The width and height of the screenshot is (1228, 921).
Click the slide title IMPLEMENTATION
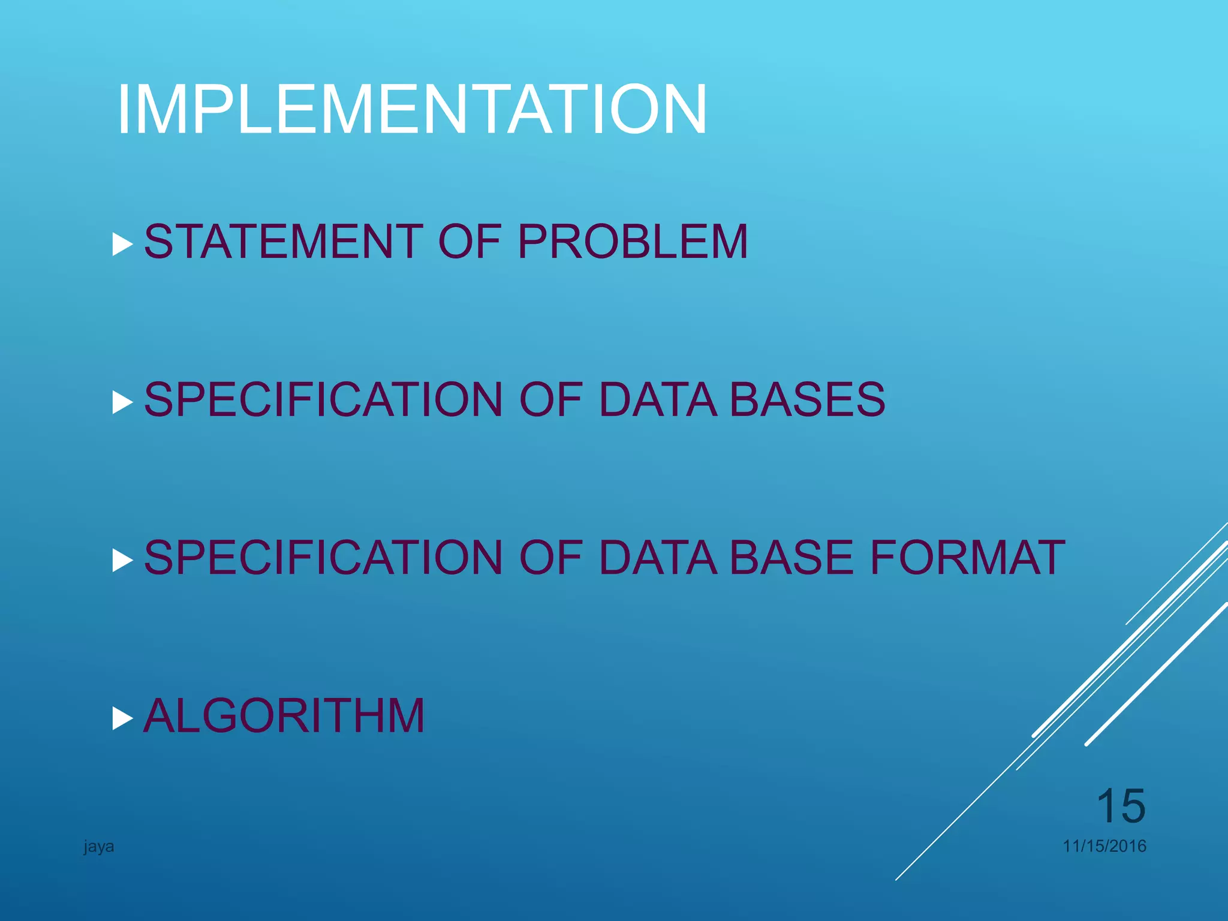pyautogui.click(x=412, y=110)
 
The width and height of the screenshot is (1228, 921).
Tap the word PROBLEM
pyautogui.click(x=633, y=242)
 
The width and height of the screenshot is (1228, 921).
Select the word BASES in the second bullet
pyautogui.click(x=807, y=400)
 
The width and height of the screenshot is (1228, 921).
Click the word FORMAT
pyautogui.click(x=967, y=558)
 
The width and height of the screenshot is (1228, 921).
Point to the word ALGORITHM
pyautogui.click(x=284, y=716)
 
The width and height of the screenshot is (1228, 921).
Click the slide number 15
pyautogui.click(x=1120, y=806)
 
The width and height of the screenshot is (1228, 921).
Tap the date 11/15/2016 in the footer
pyautogui.click(x=1104, y=846)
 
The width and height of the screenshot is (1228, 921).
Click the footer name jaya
pyautogui.click(x=99, y=847)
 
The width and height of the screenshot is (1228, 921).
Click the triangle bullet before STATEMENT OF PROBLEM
pyautogui.click(x=122, y=245)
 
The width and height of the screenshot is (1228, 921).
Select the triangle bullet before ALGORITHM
pyautogui.click(x=122, y=718)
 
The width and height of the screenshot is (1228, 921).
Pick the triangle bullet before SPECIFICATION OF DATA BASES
pyautogui.click(x=122, y=403)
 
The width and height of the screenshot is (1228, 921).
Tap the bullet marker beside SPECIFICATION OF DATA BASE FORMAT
pyautogui.click(x=122, y=561)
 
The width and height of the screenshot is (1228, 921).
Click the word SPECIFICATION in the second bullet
pyautogui.click(x=323, y=400)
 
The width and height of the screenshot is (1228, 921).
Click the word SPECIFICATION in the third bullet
pyautogui.click(x=323, y=558)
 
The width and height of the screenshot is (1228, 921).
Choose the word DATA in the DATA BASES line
pyautogui.click(x=658, y=400)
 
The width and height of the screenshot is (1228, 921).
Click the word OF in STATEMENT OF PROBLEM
pyautogui.click(x=469, y=242)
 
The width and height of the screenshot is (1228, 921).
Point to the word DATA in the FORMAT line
pyautogui.click(x=658, y=558)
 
